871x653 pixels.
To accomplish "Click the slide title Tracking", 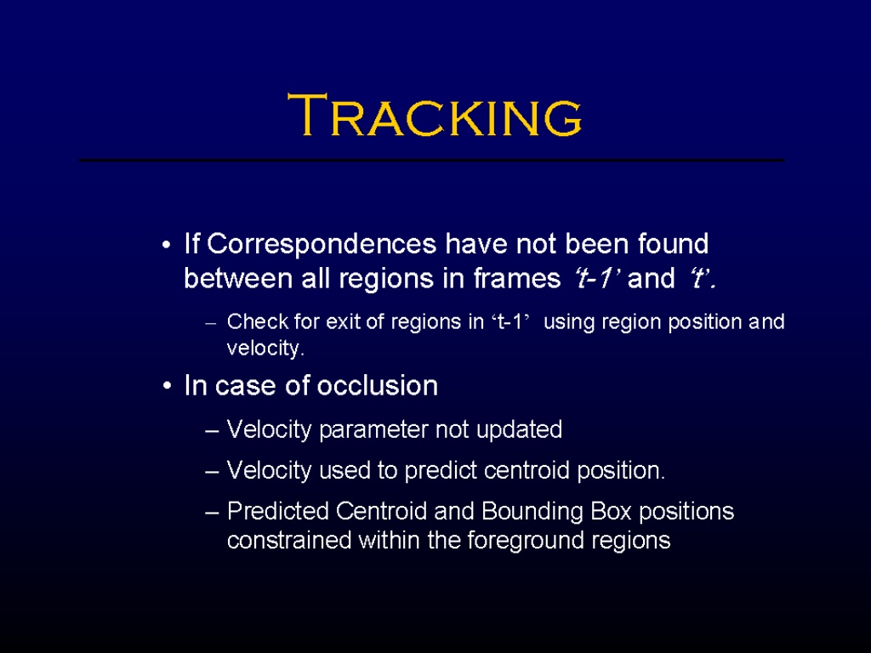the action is (x=435, y=115).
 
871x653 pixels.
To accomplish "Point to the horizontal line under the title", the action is (x=431, y=161).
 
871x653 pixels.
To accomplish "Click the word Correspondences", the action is (x=322, y=245).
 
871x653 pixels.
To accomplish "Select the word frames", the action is (x=517, y=278).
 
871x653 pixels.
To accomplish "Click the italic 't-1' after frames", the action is (x=595, y=278).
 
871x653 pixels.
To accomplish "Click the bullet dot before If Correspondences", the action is (x=166, y=246).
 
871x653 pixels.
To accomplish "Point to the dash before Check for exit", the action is (x=210, y=323).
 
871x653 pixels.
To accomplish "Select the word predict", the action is (x=441, y=471).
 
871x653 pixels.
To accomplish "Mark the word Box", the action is (x=611, y=511).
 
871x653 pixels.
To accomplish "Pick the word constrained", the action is (x=289, y=540).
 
